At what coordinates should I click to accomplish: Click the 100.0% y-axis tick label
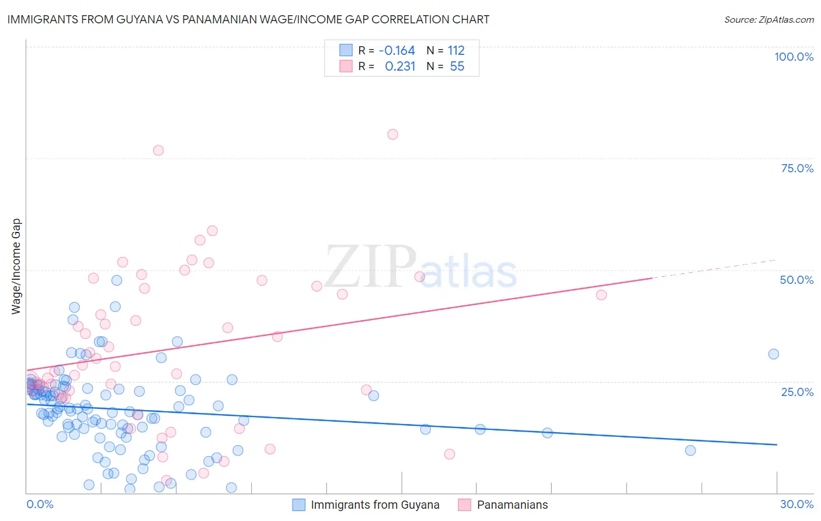(x=794, y=57)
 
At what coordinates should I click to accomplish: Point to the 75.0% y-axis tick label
(x=797, y=168)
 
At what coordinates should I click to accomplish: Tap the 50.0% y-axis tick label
(x=796, y=280)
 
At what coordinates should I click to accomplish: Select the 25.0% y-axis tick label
(x=797, y=392)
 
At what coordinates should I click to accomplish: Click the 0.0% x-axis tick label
(x=40, y=504)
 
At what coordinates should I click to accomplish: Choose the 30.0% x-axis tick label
(x=796, y=504)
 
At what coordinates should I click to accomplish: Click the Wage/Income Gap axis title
(x=16, y=266)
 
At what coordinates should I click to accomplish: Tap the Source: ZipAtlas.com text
(x=768, y=19)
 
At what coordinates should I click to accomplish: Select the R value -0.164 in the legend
(x=396, y=50)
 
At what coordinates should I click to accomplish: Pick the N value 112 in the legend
(x=456, y=50)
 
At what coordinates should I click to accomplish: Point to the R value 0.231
(x=400, y=66)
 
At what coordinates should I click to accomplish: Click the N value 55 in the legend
(x=457, y=66)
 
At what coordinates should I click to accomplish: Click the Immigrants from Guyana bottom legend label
(x=375, y=505)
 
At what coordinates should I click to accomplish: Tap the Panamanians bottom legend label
(x=512, y=505)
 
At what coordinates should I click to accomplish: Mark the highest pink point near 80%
(x=392, y=134)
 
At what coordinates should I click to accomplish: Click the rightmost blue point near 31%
(x=774, y=354)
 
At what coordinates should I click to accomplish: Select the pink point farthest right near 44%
(x=601, y=295)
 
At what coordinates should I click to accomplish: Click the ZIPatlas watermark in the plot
(x=420, y=268)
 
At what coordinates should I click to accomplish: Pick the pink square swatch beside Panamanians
(x=464, y=505)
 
